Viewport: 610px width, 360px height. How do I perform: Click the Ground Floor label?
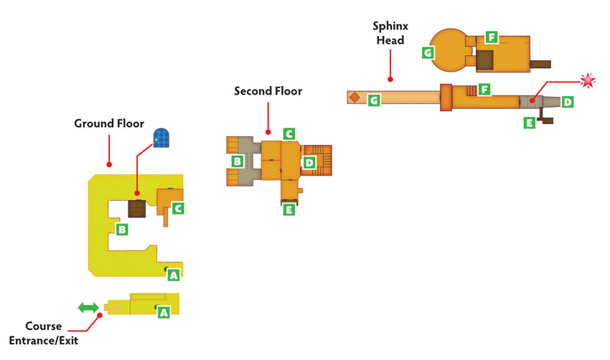[x=109, y=123]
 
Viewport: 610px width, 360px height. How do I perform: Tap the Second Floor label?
[x=268, y=91]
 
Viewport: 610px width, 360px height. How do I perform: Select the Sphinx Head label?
[x=390, y=33]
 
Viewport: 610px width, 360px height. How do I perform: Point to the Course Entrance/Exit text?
[x=44, y=333]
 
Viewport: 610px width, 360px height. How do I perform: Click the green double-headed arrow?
[x=88, y=308]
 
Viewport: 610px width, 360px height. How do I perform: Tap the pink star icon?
[x=588, y=81]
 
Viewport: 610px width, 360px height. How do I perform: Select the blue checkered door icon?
[x=161, y=138]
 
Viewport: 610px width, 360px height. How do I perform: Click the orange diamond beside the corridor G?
[x=355, y=98]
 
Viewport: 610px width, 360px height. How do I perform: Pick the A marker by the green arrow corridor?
[x=164, y=312]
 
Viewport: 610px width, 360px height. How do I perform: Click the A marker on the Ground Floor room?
[x=174, y=275]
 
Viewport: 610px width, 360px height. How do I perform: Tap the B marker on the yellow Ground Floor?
[x=122, y=229]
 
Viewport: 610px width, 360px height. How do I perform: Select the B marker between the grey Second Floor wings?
[x=238, y=161]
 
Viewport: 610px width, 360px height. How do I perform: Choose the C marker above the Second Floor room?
[x=288, y=134]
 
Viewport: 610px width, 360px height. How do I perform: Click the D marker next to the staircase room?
[x=309, y=163]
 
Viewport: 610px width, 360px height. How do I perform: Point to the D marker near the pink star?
[x=568, y=103]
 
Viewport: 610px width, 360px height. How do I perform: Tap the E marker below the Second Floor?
[x=288, y=210]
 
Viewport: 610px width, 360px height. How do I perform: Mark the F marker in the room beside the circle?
[x=492, y=37]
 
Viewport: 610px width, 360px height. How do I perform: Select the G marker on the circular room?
[x=428, y=52]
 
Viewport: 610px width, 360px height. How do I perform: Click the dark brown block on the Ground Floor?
[x=137, y=209]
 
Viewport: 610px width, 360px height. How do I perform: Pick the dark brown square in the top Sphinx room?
[x=484, y=60]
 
